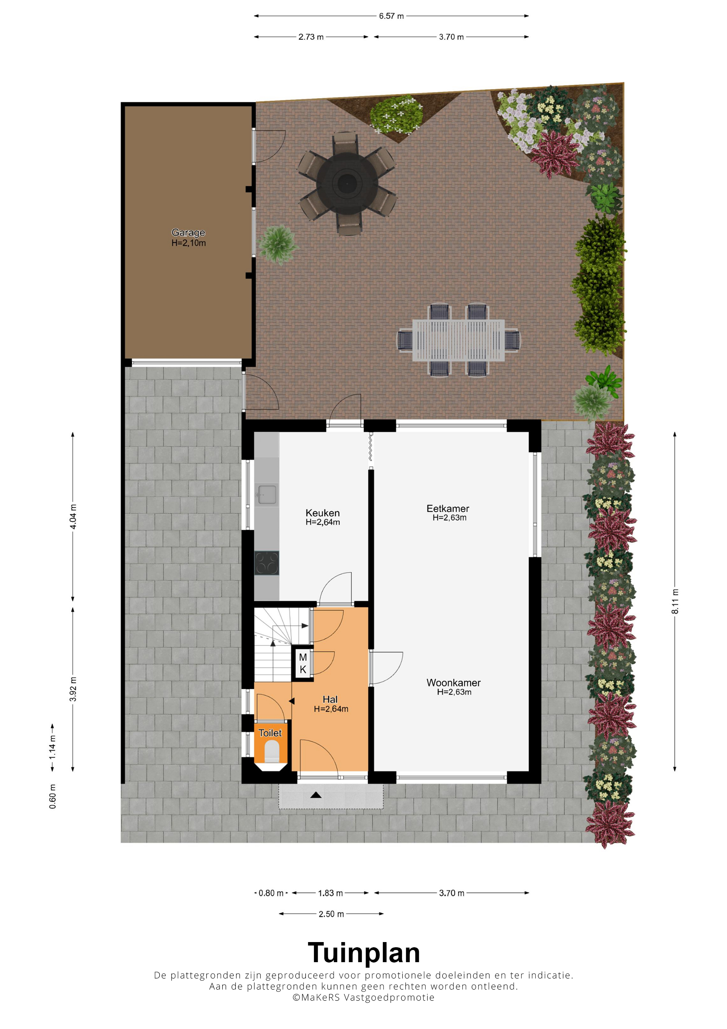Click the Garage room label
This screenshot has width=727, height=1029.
pyautogui.click(x=188, y=233)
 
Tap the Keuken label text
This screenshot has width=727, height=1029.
pyautogui.click(x=323, y=513)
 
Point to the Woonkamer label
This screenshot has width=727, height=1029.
pyautogui.click(x=453, y=683)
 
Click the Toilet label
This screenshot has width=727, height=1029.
pyautogui.click(x=270, y=733)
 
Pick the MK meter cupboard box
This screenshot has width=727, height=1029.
pyautogui.click(x=303, y=663)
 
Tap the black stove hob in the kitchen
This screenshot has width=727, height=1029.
pyautogui.click(x=267, y=563)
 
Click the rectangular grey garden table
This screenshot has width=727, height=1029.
pyautogui.click(x=458, y=340)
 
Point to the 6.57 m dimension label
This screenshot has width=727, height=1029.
pyautogui.click(x=392, y=16)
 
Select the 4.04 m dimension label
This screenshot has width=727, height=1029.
pyautogui.click(x=73, y=516)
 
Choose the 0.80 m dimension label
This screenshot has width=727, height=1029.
pyautogui.click(x=271, y=893)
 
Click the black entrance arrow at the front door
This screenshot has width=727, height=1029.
pyautogui.click(x=316, y=795)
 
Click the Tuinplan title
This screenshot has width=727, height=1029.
pyautogui.click(x=364, y=953)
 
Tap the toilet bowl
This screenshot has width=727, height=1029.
pyautogui.click(x=272, y=751)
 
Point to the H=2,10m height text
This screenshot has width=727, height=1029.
pyautogui.click(x=189, y=243)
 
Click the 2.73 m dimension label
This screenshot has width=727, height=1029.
pyautogui.click(x=311, y=37)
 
